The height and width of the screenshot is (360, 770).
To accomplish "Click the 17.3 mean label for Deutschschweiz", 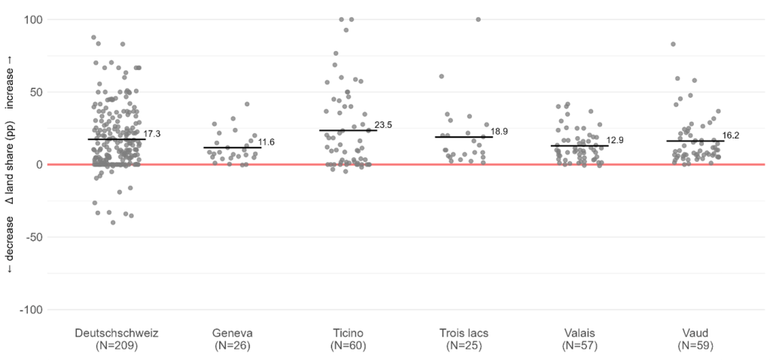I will tap(152, 133).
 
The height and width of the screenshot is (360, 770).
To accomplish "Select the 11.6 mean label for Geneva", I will tap(267, 142).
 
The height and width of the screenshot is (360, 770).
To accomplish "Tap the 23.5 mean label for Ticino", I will tap(383, 125).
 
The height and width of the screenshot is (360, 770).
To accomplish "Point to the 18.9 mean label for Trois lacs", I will tap(500, 132).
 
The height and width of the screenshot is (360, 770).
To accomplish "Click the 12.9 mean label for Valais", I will tap(616, 141).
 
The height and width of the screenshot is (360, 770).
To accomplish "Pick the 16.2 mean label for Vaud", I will tap(732, 136).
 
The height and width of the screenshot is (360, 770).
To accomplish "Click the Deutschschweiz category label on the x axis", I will tap(117, 333).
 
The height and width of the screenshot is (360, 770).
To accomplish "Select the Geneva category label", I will tap(233, 333).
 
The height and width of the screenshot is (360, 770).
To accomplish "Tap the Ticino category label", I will tap(348, 333).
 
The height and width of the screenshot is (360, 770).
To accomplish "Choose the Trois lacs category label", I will tap(464, 333).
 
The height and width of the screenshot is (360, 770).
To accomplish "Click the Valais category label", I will tap(580, 333).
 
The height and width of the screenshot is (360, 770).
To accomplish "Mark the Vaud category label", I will tap(695, 333).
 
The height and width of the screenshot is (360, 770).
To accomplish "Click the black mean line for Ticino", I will tap(348, 130).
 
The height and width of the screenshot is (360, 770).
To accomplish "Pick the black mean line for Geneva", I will tap(233, 148).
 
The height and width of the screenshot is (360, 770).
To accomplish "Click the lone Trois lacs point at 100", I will tap(478, 20).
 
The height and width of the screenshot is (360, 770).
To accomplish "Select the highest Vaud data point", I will tap(673, 44).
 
